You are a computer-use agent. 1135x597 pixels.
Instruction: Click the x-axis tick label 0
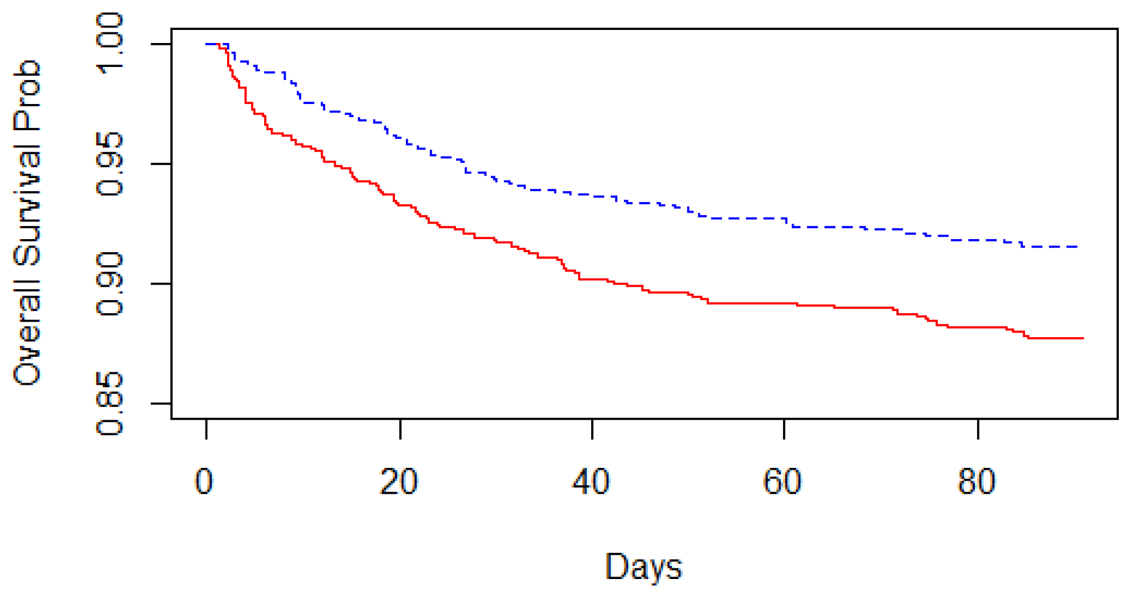204,482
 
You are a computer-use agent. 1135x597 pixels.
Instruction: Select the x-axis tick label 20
399,482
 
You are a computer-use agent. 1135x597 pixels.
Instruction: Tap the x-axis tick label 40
591,482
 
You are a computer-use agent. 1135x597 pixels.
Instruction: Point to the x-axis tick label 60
782,482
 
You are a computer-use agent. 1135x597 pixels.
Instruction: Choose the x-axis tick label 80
977,482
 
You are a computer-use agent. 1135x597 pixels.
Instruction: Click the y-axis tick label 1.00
110,44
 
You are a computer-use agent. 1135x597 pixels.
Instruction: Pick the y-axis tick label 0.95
110,164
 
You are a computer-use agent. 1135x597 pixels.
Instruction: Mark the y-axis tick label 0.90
110,284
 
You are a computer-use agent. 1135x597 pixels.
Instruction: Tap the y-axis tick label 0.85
110,403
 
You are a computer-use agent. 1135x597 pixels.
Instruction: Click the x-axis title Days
643,567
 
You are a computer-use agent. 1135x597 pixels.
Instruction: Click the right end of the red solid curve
1082,338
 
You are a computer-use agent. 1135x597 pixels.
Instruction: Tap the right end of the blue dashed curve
1078,246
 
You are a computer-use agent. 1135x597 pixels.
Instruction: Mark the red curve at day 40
592,279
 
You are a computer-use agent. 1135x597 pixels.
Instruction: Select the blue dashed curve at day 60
784,219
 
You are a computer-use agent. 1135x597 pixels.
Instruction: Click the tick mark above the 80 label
978,429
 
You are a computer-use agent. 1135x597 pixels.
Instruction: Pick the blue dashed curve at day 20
400,138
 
